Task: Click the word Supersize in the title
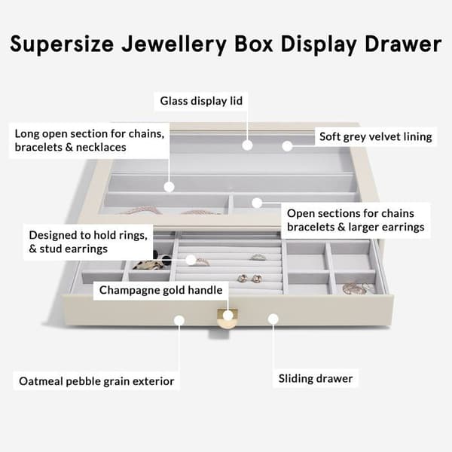[x=62, y=44]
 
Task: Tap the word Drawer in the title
[x=403, y=44]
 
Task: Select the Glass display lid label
[x=201, y=101]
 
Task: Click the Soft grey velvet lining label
[x=376, y=136]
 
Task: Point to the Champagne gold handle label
[x=161, y=290]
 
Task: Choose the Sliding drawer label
[x=316, y=378]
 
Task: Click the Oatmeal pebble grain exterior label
[x=96, y=381]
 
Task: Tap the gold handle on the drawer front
[x=227, y=319]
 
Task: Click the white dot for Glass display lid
[x=247, y=145]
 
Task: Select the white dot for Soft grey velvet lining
[x=287, y=146]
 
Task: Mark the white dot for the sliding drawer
[x=273, y=319]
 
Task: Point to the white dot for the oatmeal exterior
[x=179, y=320]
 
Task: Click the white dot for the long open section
[x=169, y=187]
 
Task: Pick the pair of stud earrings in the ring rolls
[x=249, y=278]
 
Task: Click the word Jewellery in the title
[x=174, y=44]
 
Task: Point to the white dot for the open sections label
[x=257, y=203]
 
